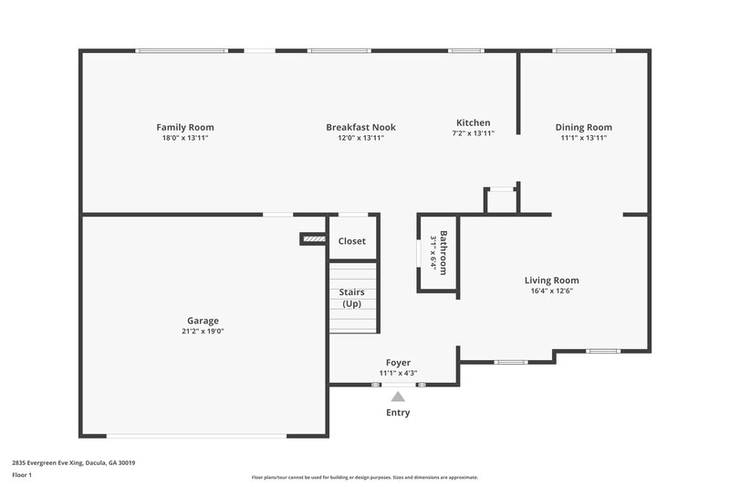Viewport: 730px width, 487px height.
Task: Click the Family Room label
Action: (x=185, y=127)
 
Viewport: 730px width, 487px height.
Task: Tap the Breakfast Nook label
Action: (x=361, y=127)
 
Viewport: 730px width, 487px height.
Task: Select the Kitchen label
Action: (x=474, y=122)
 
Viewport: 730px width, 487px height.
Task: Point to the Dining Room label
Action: (x=584, y=127)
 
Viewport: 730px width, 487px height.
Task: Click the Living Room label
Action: (x=551, y=281)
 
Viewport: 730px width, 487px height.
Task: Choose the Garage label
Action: (x=203, y=321)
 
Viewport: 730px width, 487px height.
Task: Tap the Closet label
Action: (x=352, y=241)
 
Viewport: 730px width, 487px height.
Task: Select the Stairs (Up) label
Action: (x=352, y=298)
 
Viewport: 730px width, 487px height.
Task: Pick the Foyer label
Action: (x=398, y=363)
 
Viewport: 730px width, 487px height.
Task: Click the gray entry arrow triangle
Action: (x=397, y=396)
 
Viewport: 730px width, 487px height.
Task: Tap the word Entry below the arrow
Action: (x=398, y=412)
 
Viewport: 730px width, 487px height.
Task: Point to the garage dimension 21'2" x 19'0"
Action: (x=203, y=332)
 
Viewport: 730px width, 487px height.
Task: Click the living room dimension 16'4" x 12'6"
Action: (x=551, y=291)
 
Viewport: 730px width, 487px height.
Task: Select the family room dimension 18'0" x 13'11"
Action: (x=185, y=138)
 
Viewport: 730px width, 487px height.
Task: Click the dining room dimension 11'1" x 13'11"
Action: (x=584, y=138)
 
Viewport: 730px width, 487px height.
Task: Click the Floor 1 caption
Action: (x=22, y=475)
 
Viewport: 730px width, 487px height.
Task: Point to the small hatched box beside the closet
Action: (x=313, y=239)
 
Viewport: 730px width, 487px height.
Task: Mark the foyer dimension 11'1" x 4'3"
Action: (x=398, y=374)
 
